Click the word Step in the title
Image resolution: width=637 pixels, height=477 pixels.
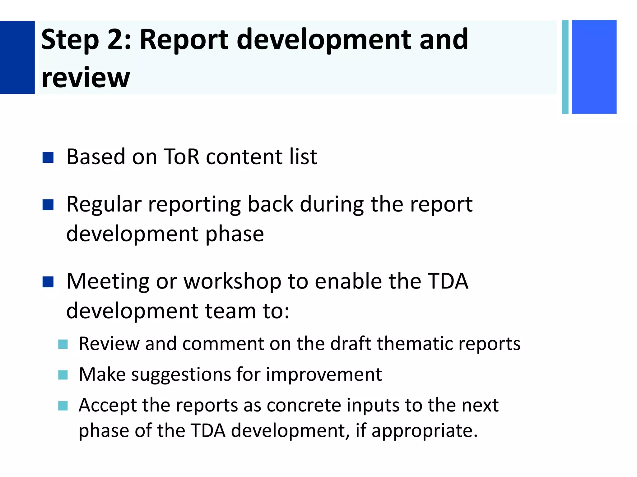tap(70, 40)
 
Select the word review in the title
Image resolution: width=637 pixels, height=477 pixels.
tap(86, 78)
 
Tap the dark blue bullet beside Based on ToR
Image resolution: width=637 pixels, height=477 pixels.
tap(48, 157)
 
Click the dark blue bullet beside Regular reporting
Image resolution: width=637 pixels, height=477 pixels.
tap(48, 205)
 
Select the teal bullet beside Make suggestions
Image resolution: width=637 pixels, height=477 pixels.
tap(63, 375)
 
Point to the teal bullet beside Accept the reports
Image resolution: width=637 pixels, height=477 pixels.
tap(63, 406)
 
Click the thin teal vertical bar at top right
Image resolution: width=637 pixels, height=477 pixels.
tap(565, 67)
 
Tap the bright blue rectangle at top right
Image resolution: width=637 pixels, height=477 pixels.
tap(594, 67)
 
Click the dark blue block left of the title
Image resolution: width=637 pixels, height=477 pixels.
tap(17, 57)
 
